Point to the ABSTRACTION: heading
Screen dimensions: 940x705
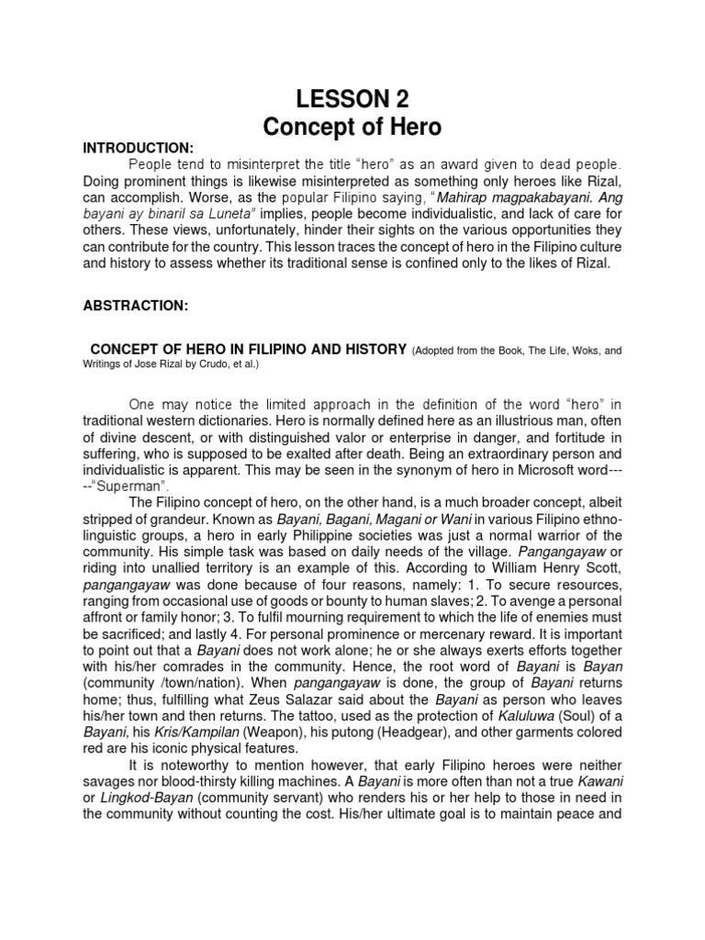136,307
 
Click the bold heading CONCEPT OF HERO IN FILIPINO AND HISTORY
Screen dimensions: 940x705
248,349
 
